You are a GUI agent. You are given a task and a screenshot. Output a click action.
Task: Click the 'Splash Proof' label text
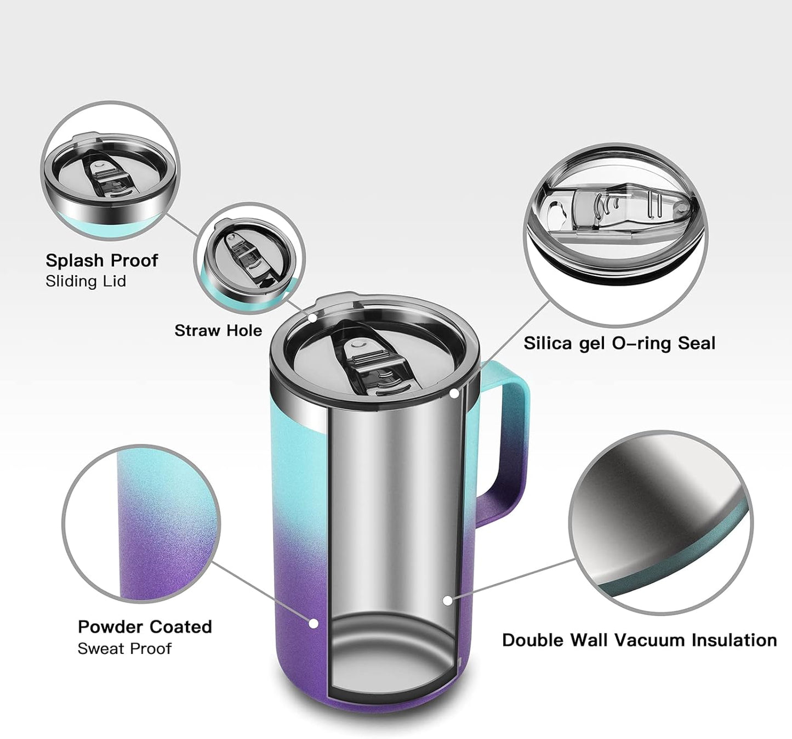[101, 260]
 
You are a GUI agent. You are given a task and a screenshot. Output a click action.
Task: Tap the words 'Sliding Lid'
[86, 281]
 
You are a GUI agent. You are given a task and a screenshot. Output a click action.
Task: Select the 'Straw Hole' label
[218, 330]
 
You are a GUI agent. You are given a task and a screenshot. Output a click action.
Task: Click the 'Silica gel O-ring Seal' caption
[619, 343]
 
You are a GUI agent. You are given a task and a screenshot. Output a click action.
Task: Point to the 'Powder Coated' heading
[145, 627]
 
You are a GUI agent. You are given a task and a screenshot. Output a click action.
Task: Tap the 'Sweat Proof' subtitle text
[124, 648]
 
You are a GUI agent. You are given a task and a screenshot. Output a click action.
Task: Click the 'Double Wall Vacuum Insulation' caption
[639, 640]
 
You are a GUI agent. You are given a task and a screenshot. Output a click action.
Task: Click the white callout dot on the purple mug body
[314, 623]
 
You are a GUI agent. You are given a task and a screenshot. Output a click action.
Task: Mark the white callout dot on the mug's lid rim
[312, 318]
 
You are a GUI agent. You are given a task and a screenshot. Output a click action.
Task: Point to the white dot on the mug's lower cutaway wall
[448, 601]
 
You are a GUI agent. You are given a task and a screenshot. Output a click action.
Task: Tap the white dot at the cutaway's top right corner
[454, 393]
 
